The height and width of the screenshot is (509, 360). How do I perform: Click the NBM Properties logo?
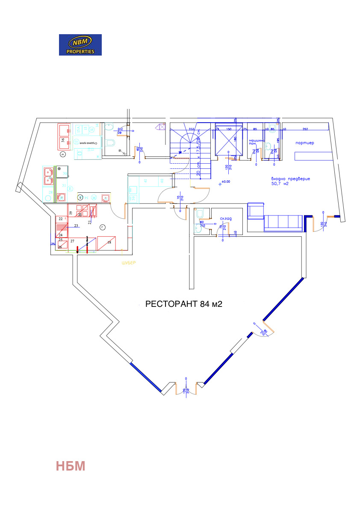tap(80, 44)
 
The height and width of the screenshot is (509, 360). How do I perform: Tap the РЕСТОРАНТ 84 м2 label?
tap(184, 304)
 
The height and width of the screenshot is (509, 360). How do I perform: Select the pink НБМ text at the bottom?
tap(71, 466)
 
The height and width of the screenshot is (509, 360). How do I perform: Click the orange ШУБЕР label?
tap(129, 262)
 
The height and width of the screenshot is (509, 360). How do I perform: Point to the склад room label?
tap(226, 219)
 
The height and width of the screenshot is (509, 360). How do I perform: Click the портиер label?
tap(304, 143)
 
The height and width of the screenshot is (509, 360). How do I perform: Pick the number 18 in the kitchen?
tap(109, 242)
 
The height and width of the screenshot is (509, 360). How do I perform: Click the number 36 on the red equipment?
tap(63, 140)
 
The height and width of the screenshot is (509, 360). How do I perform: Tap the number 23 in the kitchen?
tap(76, 226)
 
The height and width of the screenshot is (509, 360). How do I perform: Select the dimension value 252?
tap(305, 129)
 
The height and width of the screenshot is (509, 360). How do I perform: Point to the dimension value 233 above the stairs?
tap(191, 129)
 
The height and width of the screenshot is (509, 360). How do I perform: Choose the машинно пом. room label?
tap(256, 142)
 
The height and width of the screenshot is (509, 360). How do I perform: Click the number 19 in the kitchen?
tap(71, 212)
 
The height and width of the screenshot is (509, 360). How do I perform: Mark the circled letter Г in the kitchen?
tap(102, 227)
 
